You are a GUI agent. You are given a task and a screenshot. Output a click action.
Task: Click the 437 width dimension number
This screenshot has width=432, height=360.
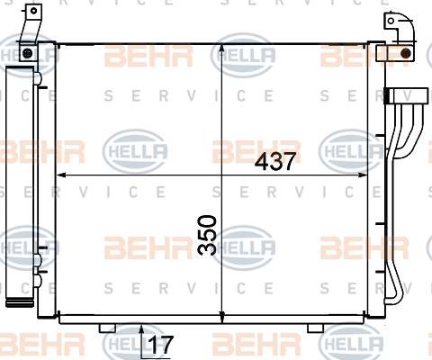pyautogui.click(x=275, y=161)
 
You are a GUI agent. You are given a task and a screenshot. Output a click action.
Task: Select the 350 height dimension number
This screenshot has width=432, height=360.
pyautogui.click(x=207, y=235)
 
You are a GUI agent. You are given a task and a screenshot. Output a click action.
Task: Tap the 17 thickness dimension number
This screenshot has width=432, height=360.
pyautogui.click(x=161, y=345)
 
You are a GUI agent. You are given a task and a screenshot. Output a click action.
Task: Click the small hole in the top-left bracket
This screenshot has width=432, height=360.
pyautogui.click(x=33, y=11)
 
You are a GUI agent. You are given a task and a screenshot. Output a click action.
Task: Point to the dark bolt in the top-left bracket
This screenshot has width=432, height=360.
pyautogui.click(x=27, y=53)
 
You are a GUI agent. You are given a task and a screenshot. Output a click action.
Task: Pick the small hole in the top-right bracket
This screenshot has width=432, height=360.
pyautogui.click(x=391, y=21)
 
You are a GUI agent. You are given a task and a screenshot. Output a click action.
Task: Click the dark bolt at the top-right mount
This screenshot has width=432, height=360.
pyautogui.click(x=406, y=53)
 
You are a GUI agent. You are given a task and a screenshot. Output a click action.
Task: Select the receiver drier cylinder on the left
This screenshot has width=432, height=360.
pyautogui.click(x=20, y=186)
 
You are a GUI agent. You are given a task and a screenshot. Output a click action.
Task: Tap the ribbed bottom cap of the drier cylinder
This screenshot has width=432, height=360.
pyautogui.click(x=20, y=302)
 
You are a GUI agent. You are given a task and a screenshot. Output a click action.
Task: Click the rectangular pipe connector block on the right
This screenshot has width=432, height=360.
pyautogui.click(x=407, y=96)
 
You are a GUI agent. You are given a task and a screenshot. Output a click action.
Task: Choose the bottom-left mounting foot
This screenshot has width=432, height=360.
pyautogui.click(x=107, y=328)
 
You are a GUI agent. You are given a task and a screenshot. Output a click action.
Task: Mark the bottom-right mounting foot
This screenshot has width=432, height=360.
pyautogui.click(x=315, y=328)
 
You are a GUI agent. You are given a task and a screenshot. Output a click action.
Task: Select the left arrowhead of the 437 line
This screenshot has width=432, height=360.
pyautogui.click(x=62, y=175)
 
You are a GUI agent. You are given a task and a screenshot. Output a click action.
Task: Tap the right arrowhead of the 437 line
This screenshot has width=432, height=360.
pyautogui.click(x=362, y=175)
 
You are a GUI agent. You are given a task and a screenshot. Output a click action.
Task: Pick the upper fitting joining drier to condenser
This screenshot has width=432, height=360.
pyautogui.click(x=39, y=78)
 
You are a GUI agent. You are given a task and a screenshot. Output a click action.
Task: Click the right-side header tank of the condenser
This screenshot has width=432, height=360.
pyautogui.click(x=376, y=180)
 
